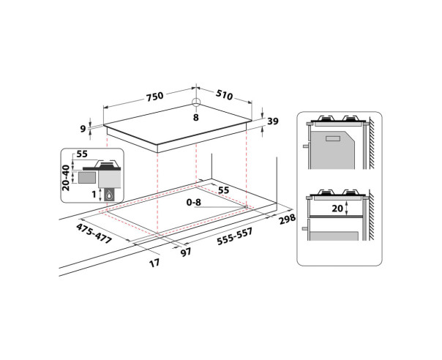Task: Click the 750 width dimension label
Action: [x=154, y=96]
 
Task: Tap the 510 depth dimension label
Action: [x=225, y=95]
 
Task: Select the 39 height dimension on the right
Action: [x=272, y=121]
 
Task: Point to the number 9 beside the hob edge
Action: [x=83, y=129]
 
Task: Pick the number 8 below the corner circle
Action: [x=196, y=117]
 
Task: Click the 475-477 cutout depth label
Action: [x=94, y=233]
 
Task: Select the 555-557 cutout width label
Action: [x=234, y=237]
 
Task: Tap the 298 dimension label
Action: [x=288, y=219]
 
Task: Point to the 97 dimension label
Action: [x=186, y=252]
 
